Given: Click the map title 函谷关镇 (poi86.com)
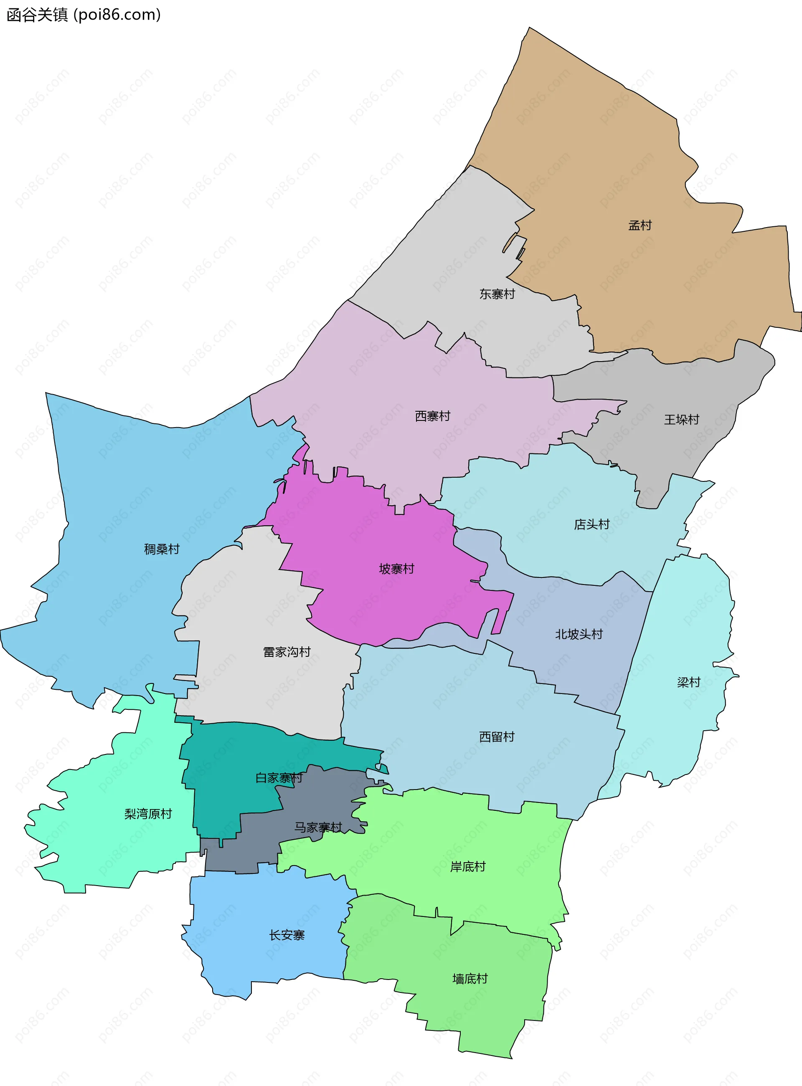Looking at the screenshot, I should (x=84, y=15).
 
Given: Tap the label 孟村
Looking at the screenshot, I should (x=640, y=225).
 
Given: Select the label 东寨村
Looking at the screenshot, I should (x=497, y=294).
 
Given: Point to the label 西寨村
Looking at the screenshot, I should (x=433, y=416).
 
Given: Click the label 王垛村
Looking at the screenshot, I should (x=682, y=420).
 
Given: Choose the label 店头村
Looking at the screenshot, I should (x=592, y=524).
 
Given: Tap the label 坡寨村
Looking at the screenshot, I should (x=397, y=569).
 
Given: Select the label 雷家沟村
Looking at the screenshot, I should (x=287, y=652).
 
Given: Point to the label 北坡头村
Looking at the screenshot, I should (x=579, y=634).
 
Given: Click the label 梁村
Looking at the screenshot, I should (x=688, y=682).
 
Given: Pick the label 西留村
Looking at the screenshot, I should (x=497, y=737).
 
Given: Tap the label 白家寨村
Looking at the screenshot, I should (x=279, y=778).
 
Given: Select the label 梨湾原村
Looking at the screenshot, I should (x=148, y=814).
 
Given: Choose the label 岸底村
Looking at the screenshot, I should (x=467, y=866).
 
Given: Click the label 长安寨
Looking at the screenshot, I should (x=287, y=935).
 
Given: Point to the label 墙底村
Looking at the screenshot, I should (x=470, y=979).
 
